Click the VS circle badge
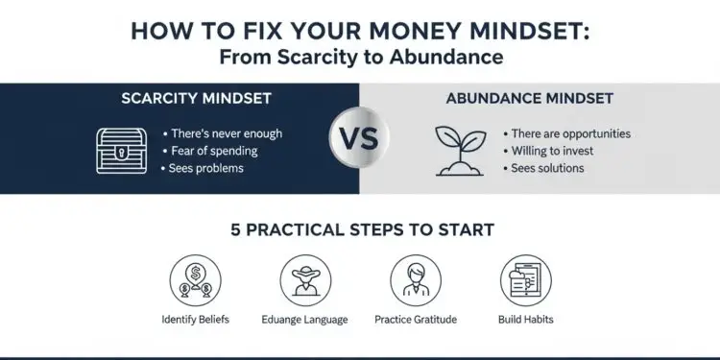(359, 137)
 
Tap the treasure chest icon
(122, 151)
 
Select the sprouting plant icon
(460, 150)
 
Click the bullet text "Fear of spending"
(214, 151)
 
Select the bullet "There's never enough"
(226, 133)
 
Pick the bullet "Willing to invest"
(552, 151)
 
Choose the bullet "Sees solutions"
(547, 168)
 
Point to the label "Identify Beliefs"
(195, 319)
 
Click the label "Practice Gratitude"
(414, 319)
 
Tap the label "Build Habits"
(525, 319)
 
